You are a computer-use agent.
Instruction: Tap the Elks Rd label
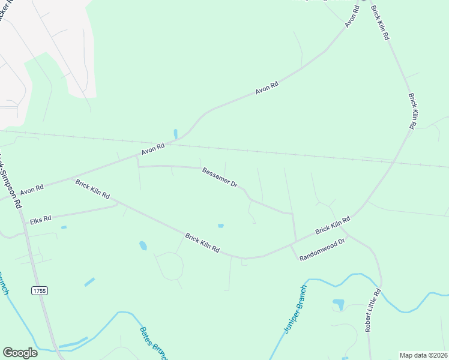tap(41, 220)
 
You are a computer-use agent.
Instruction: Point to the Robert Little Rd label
tap(372, 311)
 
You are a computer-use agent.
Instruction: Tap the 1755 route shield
tap(40, 290)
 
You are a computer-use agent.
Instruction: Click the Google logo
tap(20, 352)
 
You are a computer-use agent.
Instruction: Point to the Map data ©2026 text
tap(423, 355)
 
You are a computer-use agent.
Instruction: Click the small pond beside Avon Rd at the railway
tap(175, 133)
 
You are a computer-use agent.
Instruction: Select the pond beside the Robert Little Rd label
tap(339, 304)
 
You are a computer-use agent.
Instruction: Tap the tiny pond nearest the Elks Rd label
tap(64, 227)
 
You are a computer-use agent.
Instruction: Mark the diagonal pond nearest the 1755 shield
tap(89, 281)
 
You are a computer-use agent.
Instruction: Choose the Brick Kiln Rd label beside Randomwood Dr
tap(332, 226)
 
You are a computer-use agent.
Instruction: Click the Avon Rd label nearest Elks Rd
tap(32, 190)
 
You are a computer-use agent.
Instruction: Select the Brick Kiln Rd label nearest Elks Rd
tap(92, 188)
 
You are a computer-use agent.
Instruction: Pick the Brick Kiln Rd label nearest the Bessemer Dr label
tap(202, 242)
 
